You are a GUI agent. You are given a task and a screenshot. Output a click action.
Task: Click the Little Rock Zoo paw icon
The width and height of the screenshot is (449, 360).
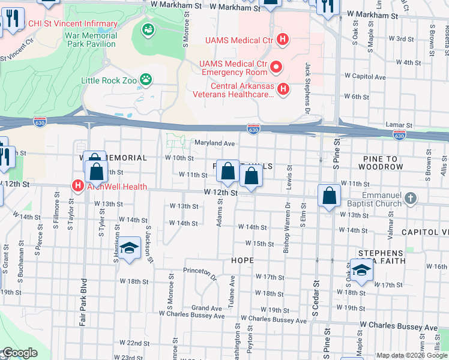point(145,79)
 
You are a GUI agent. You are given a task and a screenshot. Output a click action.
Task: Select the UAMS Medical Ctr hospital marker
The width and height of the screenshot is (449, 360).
point(283,40)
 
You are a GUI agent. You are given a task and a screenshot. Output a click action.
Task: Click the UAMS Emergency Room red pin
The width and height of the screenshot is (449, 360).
point(276,66)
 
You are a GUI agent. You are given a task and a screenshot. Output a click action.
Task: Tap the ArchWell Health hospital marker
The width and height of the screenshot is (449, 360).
point(77,186)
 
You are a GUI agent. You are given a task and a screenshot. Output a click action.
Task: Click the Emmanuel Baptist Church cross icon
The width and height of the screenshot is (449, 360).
point(411,198)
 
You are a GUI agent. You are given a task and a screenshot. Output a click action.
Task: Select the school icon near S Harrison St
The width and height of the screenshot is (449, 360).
point(129,248)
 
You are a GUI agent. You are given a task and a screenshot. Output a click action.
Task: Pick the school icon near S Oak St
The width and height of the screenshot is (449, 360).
point(361,271)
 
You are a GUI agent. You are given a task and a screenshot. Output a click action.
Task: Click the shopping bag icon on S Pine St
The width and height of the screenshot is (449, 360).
point(330,196)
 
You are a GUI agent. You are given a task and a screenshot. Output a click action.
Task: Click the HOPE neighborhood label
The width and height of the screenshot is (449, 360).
point(242,260)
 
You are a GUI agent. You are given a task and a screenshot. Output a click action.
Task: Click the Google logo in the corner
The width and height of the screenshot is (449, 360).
point(19,353)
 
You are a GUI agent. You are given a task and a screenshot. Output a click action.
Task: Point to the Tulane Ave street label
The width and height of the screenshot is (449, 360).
point(231,293)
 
